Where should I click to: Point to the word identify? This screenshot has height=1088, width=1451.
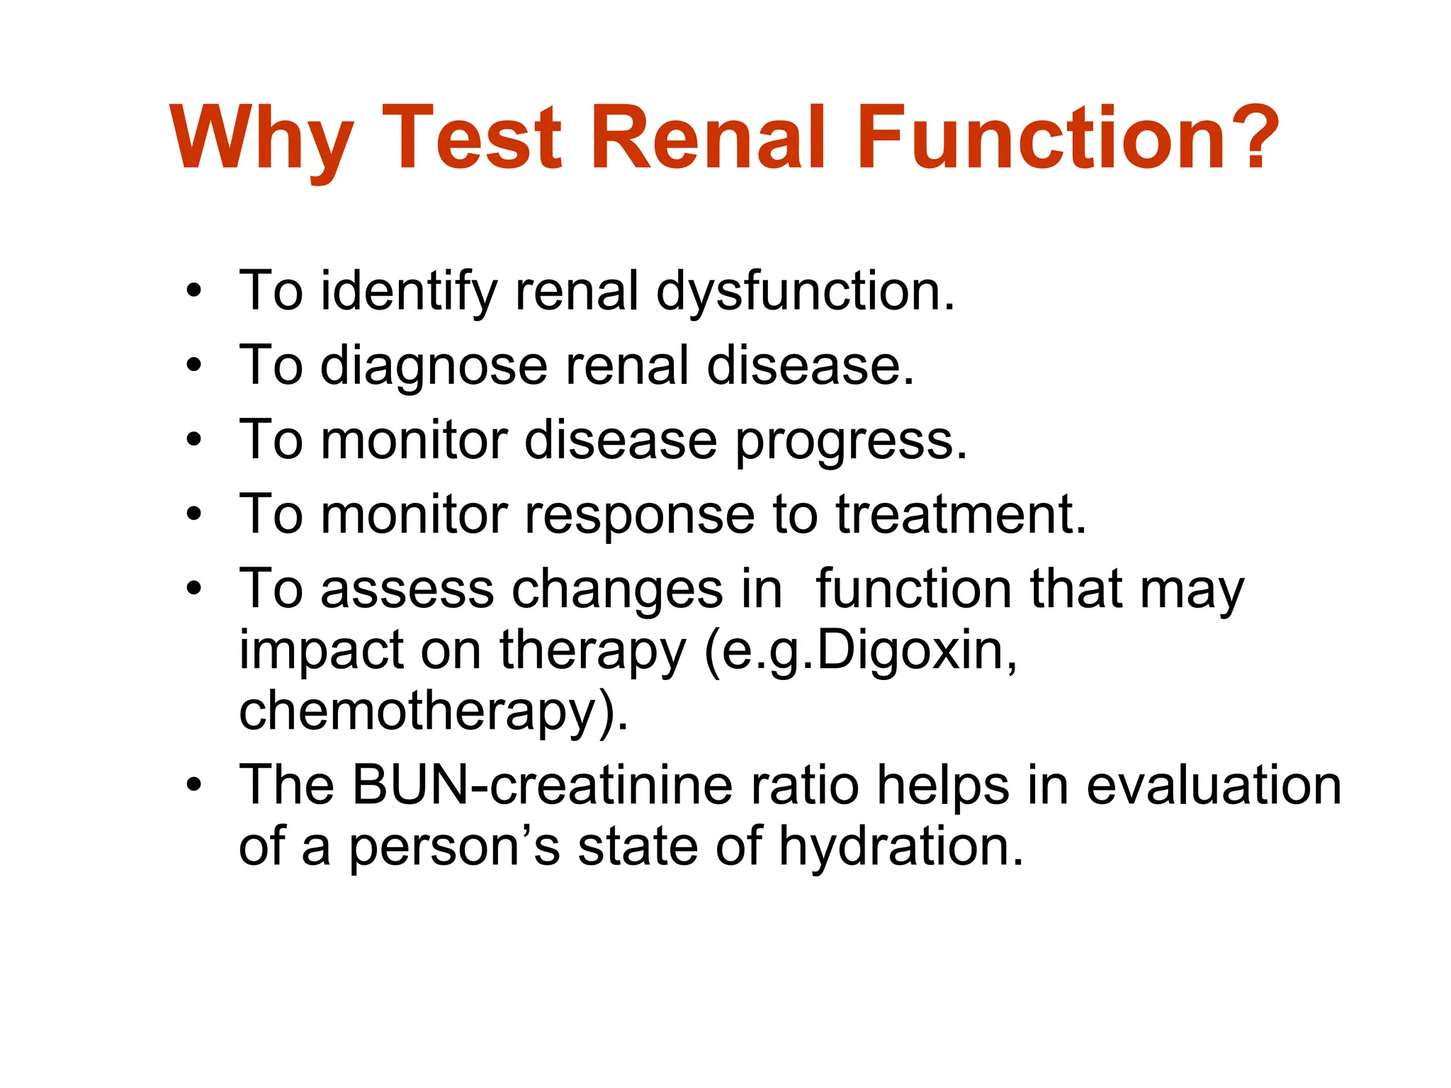tap(409, 292)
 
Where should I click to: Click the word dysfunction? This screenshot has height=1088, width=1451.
tap(805, 292)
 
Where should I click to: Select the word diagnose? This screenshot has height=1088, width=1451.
tap(434, 366)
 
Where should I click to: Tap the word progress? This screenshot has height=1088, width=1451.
tap(850, 441)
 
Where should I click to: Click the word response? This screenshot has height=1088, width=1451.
tap(639, 515)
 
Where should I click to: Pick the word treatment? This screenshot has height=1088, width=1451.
tap(961, 515)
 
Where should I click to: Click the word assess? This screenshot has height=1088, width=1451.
tap(407, 589)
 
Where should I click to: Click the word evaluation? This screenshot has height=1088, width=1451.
tap(1214, 786)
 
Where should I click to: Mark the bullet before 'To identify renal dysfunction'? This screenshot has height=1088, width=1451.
tap(193, 291)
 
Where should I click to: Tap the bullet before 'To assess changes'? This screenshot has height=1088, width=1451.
tap(193, 589)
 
